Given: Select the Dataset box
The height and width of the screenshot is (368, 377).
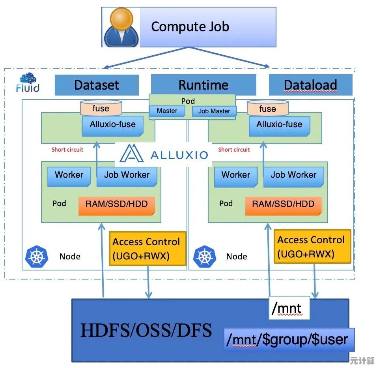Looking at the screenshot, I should pyautogui.click(x=97, y=85).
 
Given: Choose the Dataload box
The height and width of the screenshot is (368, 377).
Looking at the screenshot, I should pyautogui.click(x=310, y=85).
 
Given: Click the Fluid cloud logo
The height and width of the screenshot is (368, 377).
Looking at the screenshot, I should pyautogui.click(x=28, y=82).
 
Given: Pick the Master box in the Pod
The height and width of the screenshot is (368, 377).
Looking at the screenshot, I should pyautogui.click(x=167, y=111).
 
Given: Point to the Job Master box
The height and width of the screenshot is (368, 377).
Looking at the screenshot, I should pyautogui.click(x=214, y=111).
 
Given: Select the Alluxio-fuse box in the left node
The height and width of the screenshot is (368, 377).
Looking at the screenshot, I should pyautogui.click(x=113, y=125).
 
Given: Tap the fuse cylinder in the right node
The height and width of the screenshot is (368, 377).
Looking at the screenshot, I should pyautogui.click(x=268, y=108).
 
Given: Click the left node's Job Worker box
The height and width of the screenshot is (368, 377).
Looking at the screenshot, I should pyautogui.click(x=127, y=175).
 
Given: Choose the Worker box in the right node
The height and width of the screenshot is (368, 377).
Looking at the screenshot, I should pyautogui.click(x=236, y=175).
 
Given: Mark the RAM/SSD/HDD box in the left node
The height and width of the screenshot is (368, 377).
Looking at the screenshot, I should pyautogui.click(x=116, y=205).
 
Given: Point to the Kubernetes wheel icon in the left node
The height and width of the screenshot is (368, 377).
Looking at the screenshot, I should pyautogui.click(x=36, y=256).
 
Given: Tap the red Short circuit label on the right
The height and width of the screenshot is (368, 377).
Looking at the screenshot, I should pyautogui.click(x=234, y=150).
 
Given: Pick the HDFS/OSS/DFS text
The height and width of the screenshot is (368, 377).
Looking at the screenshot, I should pyautogui.click(x=146, y=330).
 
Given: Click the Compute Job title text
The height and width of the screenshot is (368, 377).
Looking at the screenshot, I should pyautogui.click(x=190, y=27).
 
